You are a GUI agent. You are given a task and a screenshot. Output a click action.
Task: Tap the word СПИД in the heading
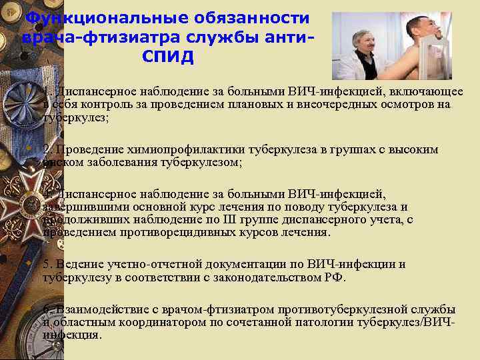[168, 57]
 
